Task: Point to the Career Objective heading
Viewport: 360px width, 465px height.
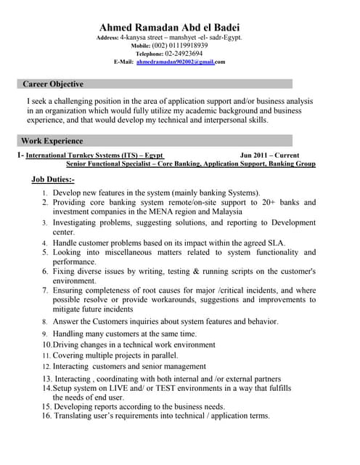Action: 53,84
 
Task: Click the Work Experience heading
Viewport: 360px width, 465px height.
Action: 52,141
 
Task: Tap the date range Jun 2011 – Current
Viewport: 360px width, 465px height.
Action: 269,155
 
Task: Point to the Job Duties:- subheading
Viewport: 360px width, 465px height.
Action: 53,179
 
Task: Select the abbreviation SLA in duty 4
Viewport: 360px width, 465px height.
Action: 274,243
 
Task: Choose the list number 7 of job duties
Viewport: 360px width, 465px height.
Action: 44,291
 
